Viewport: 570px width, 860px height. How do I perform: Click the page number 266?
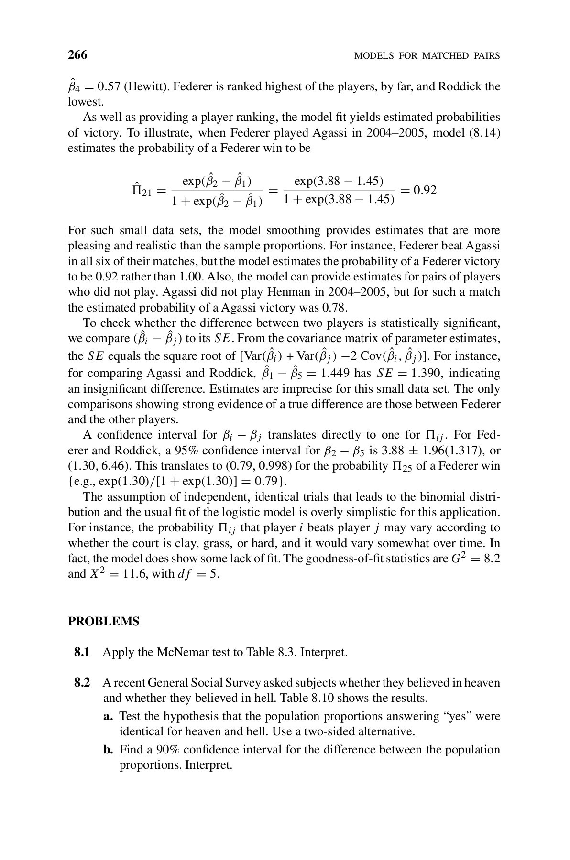point(77,55)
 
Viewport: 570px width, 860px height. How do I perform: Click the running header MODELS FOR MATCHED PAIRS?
point(427,56)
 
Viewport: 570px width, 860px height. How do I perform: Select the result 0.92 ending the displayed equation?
point(425,190)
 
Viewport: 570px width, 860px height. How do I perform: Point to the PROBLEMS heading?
point(104,622)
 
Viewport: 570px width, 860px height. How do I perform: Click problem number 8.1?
point(82,652)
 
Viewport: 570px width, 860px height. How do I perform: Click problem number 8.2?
point(82,683)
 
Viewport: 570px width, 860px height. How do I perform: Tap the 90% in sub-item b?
point(168,750)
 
